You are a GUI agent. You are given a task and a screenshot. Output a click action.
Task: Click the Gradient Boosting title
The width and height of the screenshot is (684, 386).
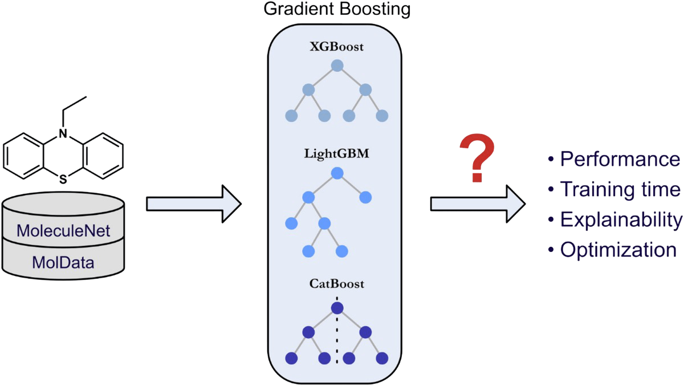click(x=336, y=10)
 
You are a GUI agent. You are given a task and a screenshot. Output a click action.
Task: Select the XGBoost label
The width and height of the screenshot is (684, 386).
click(x=336, y=47)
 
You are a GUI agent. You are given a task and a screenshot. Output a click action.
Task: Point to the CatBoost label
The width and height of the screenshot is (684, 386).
click(x=336, y=283)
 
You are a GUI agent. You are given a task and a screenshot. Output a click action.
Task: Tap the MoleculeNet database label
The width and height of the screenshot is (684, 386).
click(x=63, y=231)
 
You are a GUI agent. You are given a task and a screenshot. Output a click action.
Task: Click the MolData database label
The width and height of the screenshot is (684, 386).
click(x=63, y=263)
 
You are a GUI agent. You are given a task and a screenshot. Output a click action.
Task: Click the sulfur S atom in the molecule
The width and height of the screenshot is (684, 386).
click(x=63, y=180)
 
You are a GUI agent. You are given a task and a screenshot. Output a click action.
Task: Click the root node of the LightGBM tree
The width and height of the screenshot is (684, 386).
click(x=337, y=173)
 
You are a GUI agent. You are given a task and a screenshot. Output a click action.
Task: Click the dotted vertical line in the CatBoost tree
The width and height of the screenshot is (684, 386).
click(x=337, y=342)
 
